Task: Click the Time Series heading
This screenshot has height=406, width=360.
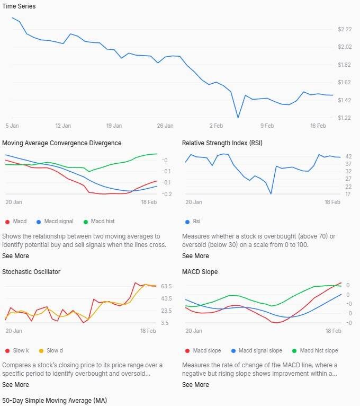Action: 19,6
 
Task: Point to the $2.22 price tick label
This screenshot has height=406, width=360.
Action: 344,29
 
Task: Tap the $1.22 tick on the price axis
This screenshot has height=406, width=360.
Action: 344,118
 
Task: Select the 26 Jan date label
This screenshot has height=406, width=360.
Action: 165,126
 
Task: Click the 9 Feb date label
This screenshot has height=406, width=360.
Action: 267,126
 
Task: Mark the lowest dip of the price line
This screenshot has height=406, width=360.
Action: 238,118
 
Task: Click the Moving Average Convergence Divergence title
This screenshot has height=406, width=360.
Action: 62,143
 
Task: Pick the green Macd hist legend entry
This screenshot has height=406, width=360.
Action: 99,222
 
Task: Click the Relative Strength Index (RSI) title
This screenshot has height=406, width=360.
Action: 222,143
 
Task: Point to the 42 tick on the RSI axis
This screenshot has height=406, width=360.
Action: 348,157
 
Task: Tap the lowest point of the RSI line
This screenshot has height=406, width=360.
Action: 271,193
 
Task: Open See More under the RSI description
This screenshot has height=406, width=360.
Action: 195,256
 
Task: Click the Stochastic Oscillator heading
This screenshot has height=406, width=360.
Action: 31,272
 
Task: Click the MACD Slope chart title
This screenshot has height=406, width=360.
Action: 200,272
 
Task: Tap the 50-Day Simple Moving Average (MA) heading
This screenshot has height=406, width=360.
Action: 55,401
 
